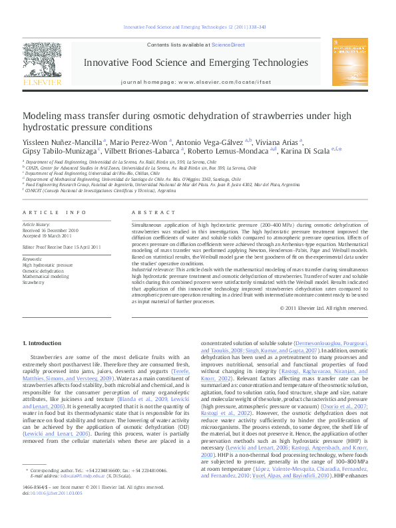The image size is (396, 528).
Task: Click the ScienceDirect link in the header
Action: pyautogui.click(x=228, y=45)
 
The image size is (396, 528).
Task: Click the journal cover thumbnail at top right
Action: pyautogui.click(x=350, y=64)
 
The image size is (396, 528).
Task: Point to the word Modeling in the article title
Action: pyautogui.click(x=43, y=116)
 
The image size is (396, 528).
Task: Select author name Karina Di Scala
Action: pyautogui.click(x=306, y=150)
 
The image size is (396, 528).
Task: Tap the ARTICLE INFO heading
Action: pyautogui.click(x=55, y=212)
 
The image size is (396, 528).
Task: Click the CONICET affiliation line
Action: pyautogui.click(x=91, y=190)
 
